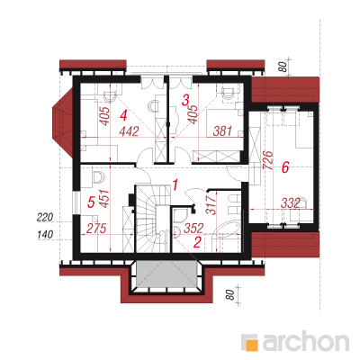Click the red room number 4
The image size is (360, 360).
pyautogui.click(x=123, y=115)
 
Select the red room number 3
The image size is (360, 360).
pyautogui.click(x=186, y=100)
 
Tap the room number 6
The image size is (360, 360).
pyautogui.click(x=285, y=167)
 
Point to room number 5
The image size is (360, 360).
pyautogui.click(x=91, y=202)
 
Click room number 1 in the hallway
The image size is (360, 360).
pyautogui.click(x=175, y=185)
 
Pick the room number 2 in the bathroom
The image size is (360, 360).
pyautogui.click(x=197, y=242)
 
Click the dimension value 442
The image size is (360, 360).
pyautogui.click(x=129, y=131)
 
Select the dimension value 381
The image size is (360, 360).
pyautogui.click(x=222, y=130)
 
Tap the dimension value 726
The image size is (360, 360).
pyautogui.click(x=268, y=160)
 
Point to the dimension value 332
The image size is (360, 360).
pyautogui.click(x=291, y=203)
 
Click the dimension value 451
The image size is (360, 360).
pyautogui.click(x=104, y=198)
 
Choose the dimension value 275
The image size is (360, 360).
pyautogui.click(x=96, y=229)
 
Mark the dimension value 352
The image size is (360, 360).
pyautogui.click(x=193, y=228)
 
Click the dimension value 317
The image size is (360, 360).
pyautogui.click(x=211, y=204)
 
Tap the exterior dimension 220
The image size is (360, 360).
pyautogui.click(x=45, y=217)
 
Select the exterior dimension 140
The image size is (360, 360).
pyautogui.click(x=45, y=235)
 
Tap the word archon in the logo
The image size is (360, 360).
pyautogui.click(x=305, y=341)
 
